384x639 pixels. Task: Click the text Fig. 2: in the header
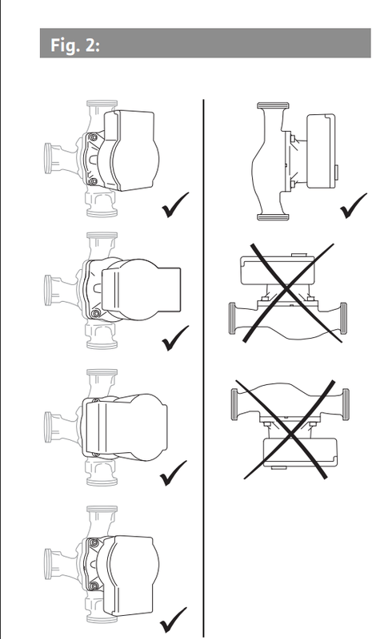75,45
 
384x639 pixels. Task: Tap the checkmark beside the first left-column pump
175,205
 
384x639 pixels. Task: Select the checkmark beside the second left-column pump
175,338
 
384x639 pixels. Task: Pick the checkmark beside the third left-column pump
173,474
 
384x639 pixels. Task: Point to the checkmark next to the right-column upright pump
354,206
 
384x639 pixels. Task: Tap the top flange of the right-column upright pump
273,105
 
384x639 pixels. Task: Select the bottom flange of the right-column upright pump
273,217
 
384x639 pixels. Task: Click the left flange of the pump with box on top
232,318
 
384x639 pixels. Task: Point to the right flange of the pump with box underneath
346,404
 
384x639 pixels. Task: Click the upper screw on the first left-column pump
94,137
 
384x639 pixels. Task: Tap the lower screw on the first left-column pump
94,181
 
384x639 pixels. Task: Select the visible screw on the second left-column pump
96,313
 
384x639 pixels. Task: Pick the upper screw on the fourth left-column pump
94,543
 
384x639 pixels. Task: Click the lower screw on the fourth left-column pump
94,586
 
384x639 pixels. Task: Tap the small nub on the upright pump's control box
337,171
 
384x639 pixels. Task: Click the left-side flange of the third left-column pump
48,427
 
